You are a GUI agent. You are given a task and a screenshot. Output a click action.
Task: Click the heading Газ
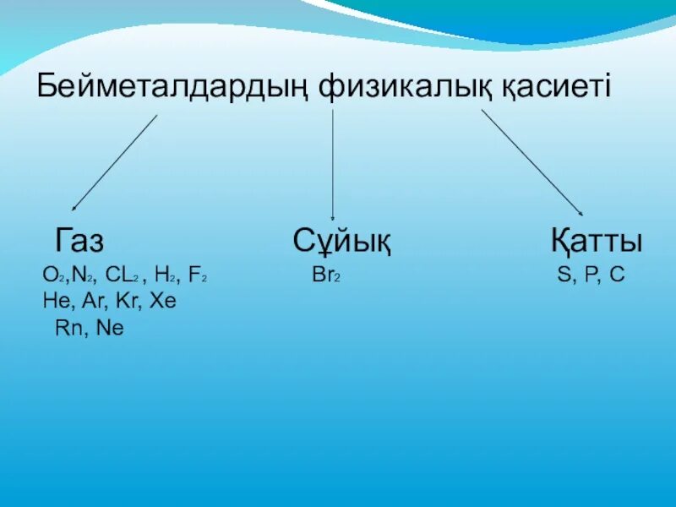pos(79,241)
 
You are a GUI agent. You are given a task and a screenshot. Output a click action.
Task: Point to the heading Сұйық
pos(341,242)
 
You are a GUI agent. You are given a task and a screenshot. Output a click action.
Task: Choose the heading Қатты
pos(596,241)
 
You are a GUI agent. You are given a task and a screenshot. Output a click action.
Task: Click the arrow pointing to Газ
pos(114,162)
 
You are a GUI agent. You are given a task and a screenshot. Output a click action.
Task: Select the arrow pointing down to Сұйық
pos(333,165)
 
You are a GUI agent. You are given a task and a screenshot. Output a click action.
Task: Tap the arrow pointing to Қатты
pos(532,162)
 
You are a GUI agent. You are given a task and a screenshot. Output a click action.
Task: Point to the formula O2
pos(50,275)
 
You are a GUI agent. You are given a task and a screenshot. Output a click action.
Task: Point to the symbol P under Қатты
pos(588,275)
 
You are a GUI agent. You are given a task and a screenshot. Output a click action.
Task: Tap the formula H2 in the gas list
pos(166,275)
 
